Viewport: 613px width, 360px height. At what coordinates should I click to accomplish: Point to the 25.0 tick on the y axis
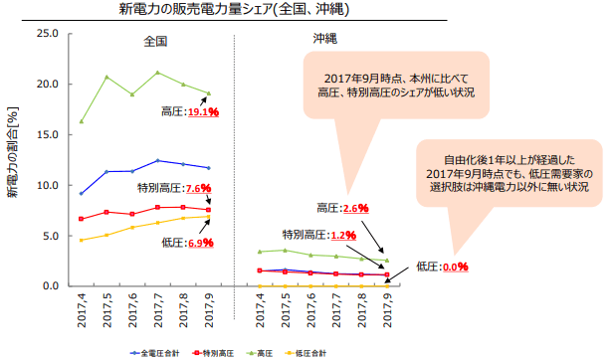pos(47,33)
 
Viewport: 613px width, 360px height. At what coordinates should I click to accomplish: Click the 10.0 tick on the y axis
pos(47,185)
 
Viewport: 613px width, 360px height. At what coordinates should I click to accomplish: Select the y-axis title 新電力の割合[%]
pos(14,159)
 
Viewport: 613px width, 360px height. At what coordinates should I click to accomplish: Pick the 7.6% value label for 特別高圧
pos(195,188)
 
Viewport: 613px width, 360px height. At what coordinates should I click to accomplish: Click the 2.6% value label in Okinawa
pos(355,209)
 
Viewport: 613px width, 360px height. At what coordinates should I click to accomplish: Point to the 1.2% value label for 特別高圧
pos(343,236)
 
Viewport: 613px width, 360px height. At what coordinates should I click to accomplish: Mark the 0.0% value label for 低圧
pos(455,267)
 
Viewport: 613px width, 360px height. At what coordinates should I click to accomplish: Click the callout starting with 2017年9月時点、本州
pos(398,85)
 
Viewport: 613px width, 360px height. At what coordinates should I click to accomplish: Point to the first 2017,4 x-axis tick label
pos(80,310)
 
